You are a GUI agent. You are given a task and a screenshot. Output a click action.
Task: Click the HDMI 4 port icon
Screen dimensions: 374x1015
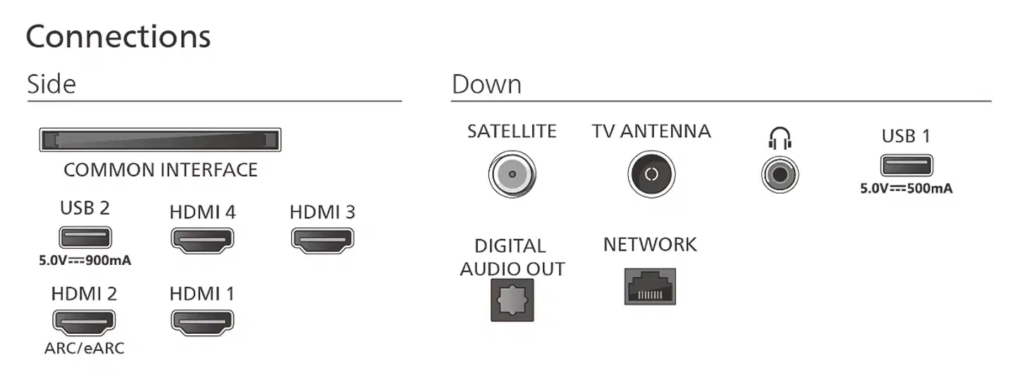(x=202, y=240)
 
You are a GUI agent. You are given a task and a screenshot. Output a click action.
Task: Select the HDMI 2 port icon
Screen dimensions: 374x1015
(x=84, y=322)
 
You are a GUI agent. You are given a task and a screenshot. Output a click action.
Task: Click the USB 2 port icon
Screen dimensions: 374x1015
(x=85, y=237)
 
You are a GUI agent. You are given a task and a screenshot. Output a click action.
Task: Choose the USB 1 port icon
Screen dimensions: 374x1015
(x=906, y=165)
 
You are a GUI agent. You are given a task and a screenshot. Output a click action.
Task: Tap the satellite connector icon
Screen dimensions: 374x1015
(x=512, y=173)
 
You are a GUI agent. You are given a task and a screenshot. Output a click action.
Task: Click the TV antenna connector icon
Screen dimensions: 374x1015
(x=651, y=174)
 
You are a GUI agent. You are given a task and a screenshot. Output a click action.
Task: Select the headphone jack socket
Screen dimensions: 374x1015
(x=780, y=173)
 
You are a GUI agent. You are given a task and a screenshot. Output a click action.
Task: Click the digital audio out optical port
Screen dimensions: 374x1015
(x=512, y=301)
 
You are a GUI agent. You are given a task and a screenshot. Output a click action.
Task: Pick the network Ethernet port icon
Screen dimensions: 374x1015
(x=650, y=287)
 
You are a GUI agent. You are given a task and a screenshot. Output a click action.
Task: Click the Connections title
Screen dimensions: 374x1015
(x=118, y=37)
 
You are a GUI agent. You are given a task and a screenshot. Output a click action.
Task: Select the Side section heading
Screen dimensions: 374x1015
(x=51, y=85)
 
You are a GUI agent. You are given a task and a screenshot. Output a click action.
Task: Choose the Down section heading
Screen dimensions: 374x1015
(x=486, y=85)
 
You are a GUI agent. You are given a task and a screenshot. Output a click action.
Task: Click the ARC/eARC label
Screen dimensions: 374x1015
(x=84, y=348)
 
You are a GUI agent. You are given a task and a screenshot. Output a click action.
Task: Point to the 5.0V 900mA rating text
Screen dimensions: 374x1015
(x=85, y=261)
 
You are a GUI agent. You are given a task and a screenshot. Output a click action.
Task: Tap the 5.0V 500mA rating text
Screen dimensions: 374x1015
(x=906, y=189)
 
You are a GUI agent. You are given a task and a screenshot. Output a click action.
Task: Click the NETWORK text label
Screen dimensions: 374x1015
(x=650, y=245)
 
